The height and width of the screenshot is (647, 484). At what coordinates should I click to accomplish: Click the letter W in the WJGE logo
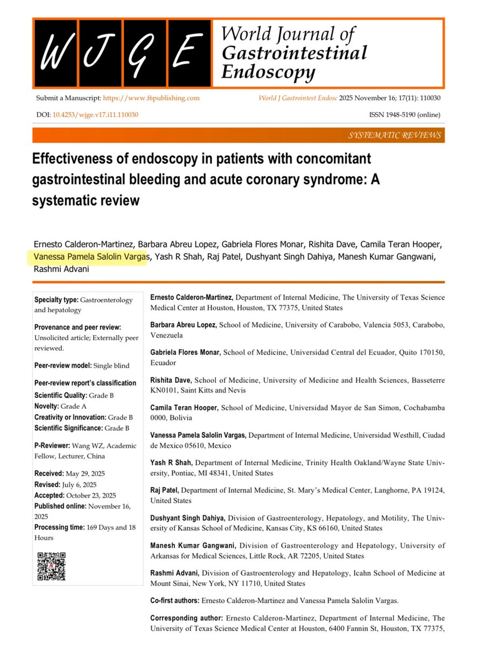point(55,54)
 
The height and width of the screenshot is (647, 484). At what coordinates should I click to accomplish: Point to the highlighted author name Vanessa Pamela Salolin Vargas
point(89,257)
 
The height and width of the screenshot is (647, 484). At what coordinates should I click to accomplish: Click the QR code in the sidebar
point(51,566)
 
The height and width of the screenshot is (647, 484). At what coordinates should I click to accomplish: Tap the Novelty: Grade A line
point(60,406)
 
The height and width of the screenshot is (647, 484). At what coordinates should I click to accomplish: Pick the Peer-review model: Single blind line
point(81,365)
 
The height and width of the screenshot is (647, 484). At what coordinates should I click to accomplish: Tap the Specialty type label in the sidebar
point(56,300)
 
